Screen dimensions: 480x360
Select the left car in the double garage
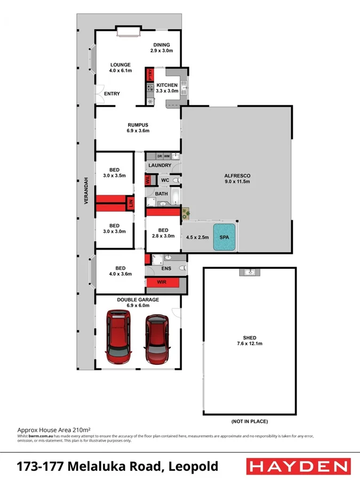(118, 334)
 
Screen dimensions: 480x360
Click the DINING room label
(161, 45)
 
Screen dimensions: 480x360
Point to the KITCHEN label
(166, 85)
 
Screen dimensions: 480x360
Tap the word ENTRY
(112, 94)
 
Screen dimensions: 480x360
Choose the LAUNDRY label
(159, 166)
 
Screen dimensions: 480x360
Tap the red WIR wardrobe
(158, 283)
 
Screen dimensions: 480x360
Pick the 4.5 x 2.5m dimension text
(197, 238)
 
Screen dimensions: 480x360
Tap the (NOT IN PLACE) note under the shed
(249, 421)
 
